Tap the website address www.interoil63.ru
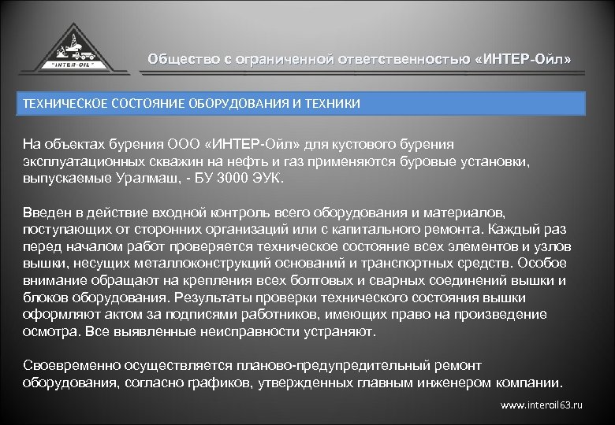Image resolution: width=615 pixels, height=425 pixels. point(542,405)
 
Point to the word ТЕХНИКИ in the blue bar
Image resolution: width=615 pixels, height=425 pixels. point(334,104)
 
